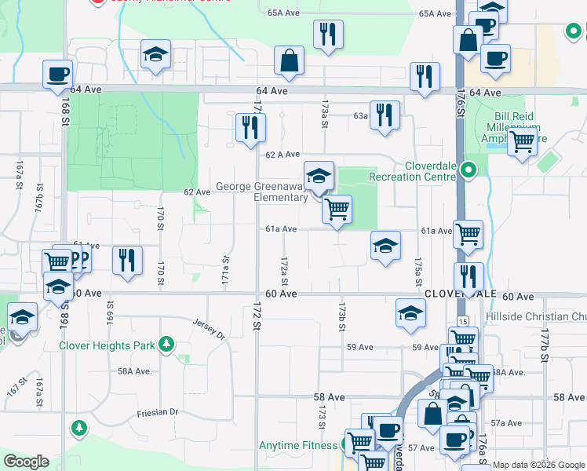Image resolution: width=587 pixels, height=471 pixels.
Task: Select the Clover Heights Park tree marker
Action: (x=166, y=344)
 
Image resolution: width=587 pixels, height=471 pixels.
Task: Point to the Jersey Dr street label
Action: (x=209, y=327)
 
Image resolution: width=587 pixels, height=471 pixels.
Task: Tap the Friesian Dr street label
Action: (x=157, y=412)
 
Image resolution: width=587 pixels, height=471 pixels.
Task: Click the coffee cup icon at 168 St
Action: (x=57, y=75)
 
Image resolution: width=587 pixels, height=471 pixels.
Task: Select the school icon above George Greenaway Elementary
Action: (x=319, y=176)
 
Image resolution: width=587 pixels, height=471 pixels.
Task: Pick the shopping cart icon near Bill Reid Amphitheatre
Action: (x=521, y=143)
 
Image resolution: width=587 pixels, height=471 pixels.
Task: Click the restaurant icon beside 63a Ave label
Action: (x=385, y=113)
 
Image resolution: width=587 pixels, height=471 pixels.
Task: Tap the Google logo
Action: (x=26, y=462)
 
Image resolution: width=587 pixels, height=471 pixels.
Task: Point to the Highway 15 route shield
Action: (x=462, y=322)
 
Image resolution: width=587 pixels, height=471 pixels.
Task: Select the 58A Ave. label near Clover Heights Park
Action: (x=134, y=371)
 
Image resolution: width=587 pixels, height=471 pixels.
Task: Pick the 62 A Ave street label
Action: (x=283, y=155)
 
